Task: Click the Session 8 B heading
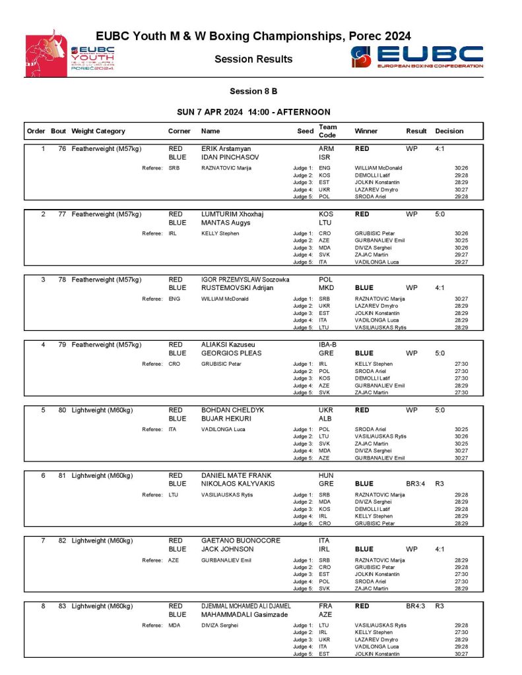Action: (254, 91)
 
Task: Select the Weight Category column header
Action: (98, 131)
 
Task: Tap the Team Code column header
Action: (327, 131)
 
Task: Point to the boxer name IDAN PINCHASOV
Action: (230, 158)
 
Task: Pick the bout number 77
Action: (62, 214)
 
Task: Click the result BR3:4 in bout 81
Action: (415, 483)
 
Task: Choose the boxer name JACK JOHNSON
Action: (227, 548)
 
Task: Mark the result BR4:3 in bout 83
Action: (415, 605)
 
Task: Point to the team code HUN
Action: (326, 475)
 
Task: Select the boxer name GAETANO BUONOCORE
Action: (240, 540)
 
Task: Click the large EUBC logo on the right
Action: (417, 57)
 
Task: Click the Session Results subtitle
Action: (253, 59)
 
